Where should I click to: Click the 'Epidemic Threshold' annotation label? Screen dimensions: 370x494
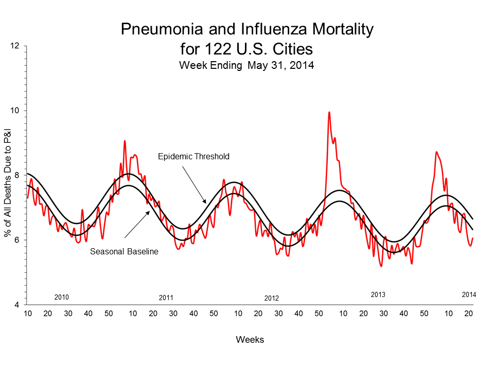pos(193,156)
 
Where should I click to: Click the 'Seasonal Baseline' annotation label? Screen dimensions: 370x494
pos(124,252)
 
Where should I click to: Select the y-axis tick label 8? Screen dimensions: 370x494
pos(17,175)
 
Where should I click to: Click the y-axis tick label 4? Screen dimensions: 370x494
pos(17,305)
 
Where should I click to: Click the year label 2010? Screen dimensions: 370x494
pos(62,297)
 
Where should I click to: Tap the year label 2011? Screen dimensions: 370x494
pos(166,298)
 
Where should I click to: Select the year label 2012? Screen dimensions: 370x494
pos(271,298)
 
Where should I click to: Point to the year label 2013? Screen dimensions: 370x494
pos(378,295)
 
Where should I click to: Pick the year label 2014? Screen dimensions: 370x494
pos(469,295)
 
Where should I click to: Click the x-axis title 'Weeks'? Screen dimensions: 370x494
pos(250,340)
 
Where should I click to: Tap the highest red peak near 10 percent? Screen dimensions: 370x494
pos(329,112)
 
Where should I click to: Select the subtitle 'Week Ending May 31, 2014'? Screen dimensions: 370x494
pos(246,65)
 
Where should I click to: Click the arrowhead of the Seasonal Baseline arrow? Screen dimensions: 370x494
pos(149,211)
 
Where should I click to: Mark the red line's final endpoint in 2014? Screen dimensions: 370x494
pos(472,238)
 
